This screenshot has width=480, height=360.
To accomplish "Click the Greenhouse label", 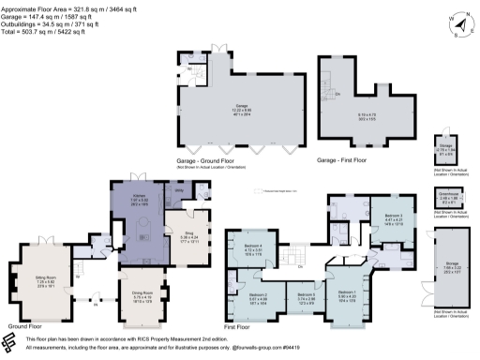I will pos(451,193).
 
